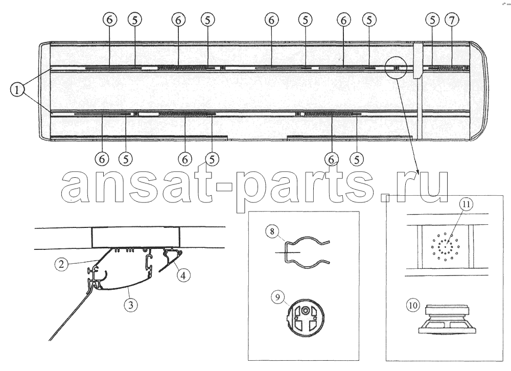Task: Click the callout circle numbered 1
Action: [x=17, y=89]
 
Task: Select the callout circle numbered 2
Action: [x=61, y=264]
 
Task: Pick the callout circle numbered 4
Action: [x=183, y=276]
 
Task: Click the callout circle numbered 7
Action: [x=452, y=20]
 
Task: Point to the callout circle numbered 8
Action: [x=272, y=232]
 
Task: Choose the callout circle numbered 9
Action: [x=277, y=297]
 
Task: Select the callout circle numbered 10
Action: [x=412, y=306]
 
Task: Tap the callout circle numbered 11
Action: [x=466, y=204]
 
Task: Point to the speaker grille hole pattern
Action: [x=445, y=246]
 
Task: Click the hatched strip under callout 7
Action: [x=450, y=68]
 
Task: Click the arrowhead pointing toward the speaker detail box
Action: [x=417, y=172]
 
